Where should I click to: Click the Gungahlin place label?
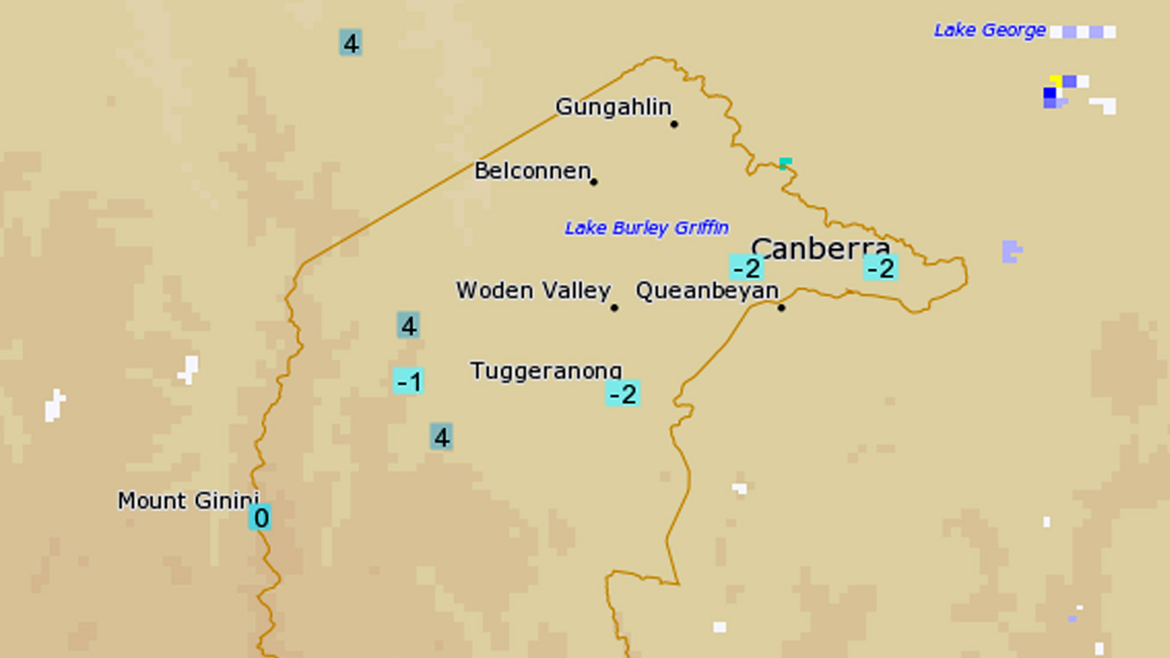(x=613, y=107)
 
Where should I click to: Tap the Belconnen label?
(x=532, y=171)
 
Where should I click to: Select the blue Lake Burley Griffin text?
(x=646, y=228)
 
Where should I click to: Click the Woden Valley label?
(x=533, y=291)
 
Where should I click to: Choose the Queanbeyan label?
(x=707, y=291)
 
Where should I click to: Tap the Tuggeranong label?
(x=546, y=370)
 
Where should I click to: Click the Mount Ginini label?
(x=187, y=500)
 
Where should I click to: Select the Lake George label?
(x=990, y=30)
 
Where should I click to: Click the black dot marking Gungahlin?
(x=674, y=124)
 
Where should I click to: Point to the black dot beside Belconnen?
(x=593, y=182)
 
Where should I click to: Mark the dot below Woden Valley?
(x=614, y=308)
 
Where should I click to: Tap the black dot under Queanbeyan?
(x=781, y=308)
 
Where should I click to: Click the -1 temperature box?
(x=408, y=381)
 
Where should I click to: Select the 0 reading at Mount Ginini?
(x=260, y=517)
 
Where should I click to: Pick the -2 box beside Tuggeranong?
(x=623, y=393)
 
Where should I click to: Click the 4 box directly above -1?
(x=408, y=325)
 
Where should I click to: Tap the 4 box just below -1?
(x=442, y=437)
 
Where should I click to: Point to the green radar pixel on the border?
(x=785, y=162)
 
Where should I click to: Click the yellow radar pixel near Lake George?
(x=1055, y=80)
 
